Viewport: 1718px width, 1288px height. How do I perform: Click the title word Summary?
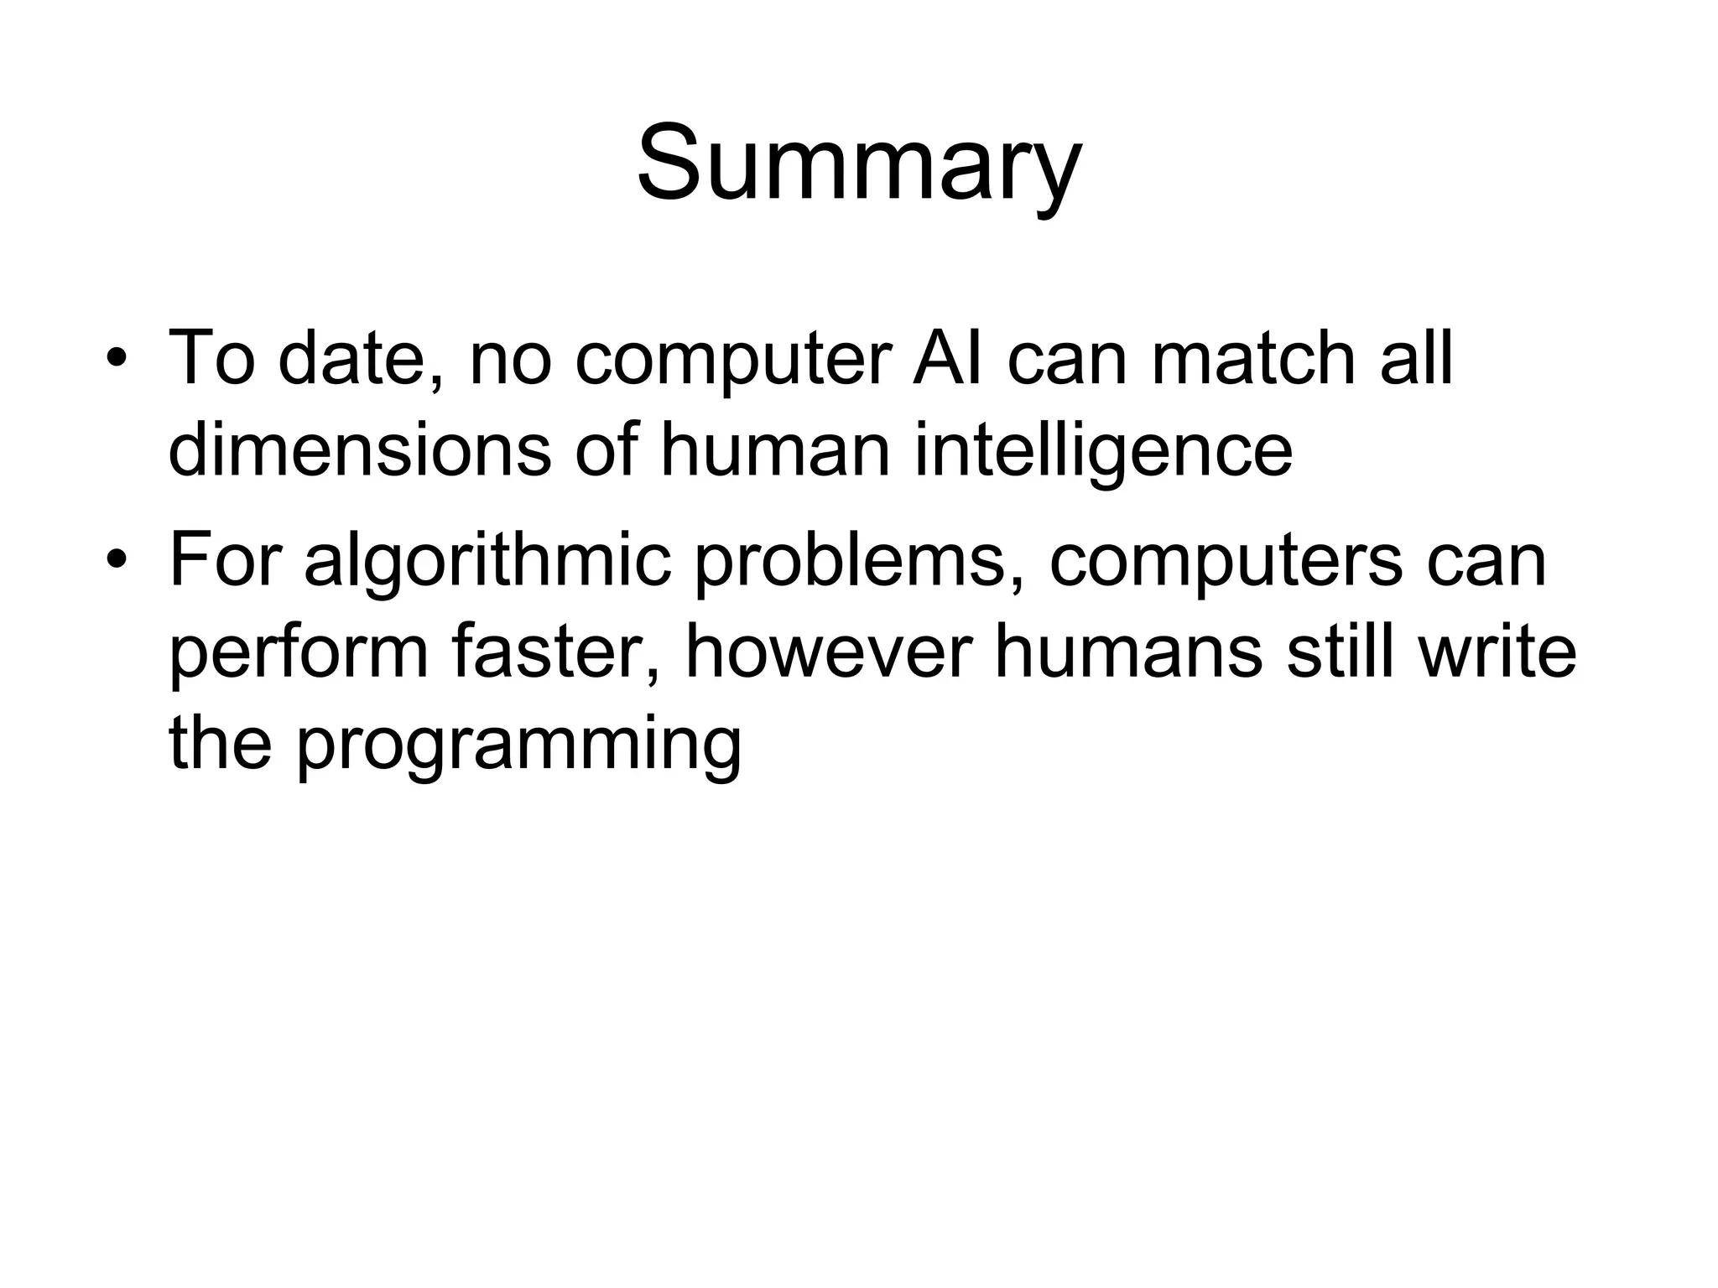[859, 164]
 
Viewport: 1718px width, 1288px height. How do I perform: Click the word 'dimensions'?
[359, 450]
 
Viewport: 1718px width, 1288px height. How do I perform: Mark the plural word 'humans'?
[1127, 652]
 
